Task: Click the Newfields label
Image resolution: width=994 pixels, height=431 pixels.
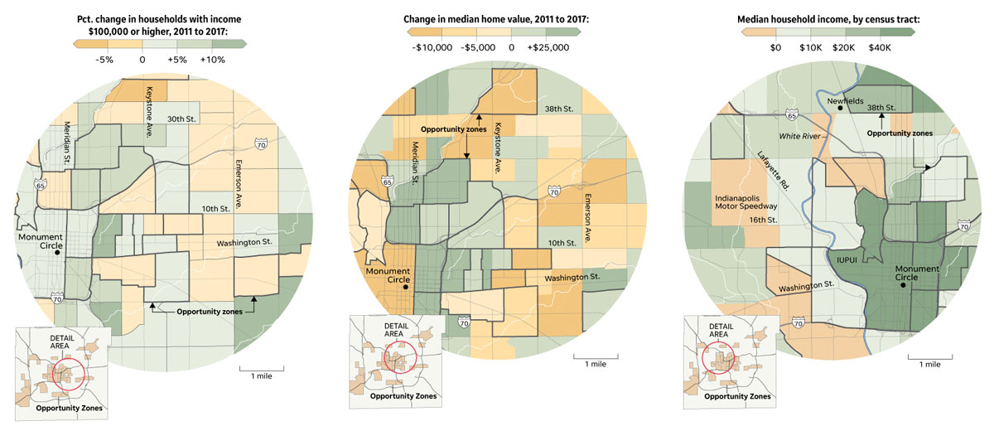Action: [x=845, y=97]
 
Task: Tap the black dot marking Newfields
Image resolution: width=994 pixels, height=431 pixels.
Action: [x=840, y=108]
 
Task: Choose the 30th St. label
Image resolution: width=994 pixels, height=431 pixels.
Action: [x=181, y=118]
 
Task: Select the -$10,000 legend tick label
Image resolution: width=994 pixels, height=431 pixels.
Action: [x=432, y=48]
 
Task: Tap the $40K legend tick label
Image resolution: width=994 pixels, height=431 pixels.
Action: [x=881, y=48]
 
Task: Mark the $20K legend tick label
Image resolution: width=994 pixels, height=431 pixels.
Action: [x=844, y=48]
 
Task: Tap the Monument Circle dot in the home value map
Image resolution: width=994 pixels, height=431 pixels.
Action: [x=406, y=287]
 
